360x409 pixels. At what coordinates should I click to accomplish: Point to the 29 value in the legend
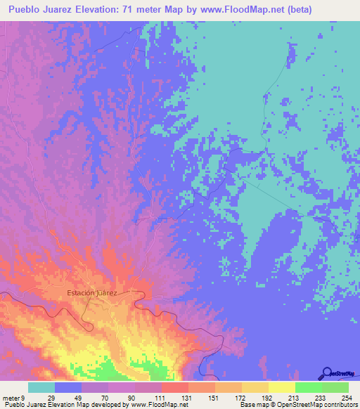41,397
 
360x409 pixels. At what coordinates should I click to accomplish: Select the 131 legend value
174,397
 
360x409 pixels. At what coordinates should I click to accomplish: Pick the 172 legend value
229,397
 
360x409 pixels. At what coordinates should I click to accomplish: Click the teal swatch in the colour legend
41,387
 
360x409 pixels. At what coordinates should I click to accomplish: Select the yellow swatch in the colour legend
281,387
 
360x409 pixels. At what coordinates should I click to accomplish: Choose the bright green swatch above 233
308,387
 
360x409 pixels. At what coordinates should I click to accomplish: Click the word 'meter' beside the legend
11,397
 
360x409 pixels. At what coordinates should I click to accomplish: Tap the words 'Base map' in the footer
252,405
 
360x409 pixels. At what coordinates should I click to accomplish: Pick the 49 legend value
68,397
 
